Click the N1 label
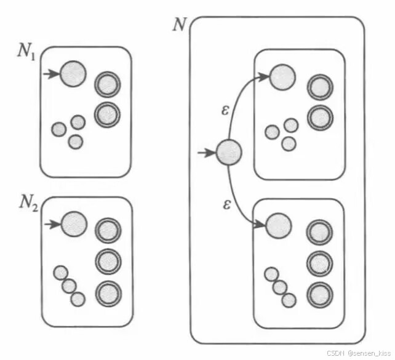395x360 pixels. tap(25, 50)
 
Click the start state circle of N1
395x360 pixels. tap(73, 74)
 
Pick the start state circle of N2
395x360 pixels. tap(74, 224)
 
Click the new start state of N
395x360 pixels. tap(228, 152)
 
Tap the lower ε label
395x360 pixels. tap(226, 204)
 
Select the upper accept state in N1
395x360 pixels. tap(107, 85)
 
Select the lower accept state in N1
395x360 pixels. tap(107, 114)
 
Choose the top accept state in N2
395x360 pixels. tap(108, 231)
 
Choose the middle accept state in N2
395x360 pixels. tap(108, 261)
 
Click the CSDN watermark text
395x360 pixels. tap(359, 353)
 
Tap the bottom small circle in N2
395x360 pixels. tap(78, 298)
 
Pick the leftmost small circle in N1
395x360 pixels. tap(58, 129)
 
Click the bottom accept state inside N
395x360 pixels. tap(319, 294)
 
